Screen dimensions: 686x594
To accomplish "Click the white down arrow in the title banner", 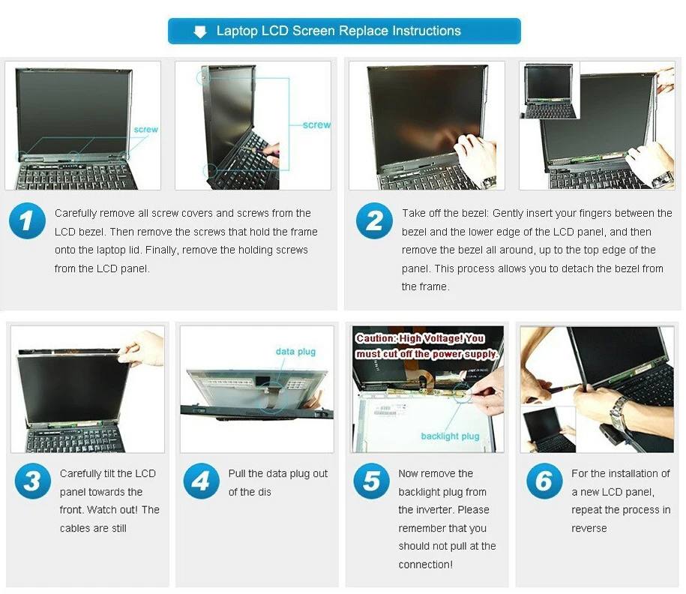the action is pos(200,31).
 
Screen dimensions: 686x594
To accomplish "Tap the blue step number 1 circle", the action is pos(27,220).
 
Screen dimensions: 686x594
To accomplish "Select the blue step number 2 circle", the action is pos(374,220).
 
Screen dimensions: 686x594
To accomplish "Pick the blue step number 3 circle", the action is pos(33,481).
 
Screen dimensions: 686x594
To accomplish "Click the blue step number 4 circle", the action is pos(201,481).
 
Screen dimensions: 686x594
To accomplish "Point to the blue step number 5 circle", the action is pos(371,481).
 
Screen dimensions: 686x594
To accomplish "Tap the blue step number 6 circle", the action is pos(544,481).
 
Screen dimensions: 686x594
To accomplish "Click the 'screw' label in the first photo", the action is pos(145,130).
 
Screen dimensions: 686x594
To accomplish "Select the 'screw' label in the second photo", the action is pos(316,124).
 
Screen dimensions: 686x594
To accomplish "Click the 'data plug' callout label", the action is pos(295,352).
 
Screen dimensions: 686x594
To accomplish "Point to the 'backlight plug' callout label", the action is pos(450,436).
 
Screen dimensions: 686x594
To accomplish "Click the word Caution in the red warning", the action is pos(376,338).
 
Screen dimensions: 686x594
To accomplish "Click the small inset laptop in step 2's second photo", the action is pos(549,91).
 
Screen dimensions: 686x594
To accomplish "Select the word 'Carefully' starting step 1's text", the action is pos(76,214).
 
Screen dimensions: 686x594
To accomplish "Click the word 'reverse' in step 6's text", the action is pos(589,528).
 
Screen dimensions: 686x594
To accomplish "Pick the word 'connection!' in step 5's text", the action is pos(426,565).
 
